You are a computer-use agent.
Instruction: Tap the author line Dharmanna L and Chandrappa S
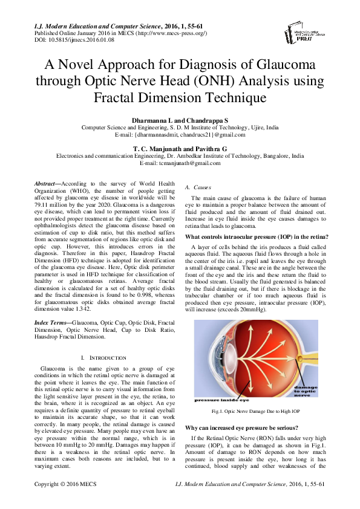coord(180,122)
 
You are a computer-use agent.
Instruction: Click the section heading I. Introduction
coord(103,358)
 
